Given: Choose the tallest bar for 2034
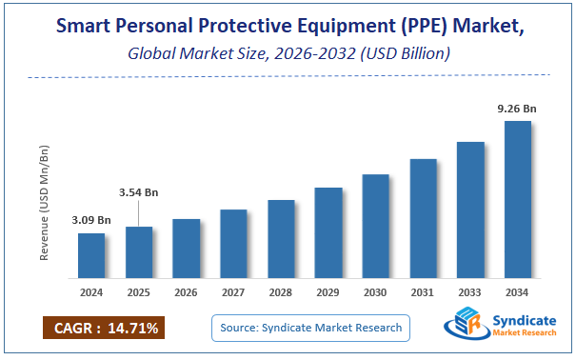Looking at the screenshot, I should (x=518, y=195).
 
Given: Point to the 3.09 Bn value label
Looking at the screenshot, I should (x=91, y=221).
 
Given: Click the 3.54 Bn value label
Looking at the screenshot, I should (x=139, y=192).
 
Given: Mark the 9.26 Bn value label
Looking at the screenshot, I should (x=518, y=110).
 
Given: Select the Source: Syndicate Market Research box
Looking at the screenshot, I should (x=310, y=328).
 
